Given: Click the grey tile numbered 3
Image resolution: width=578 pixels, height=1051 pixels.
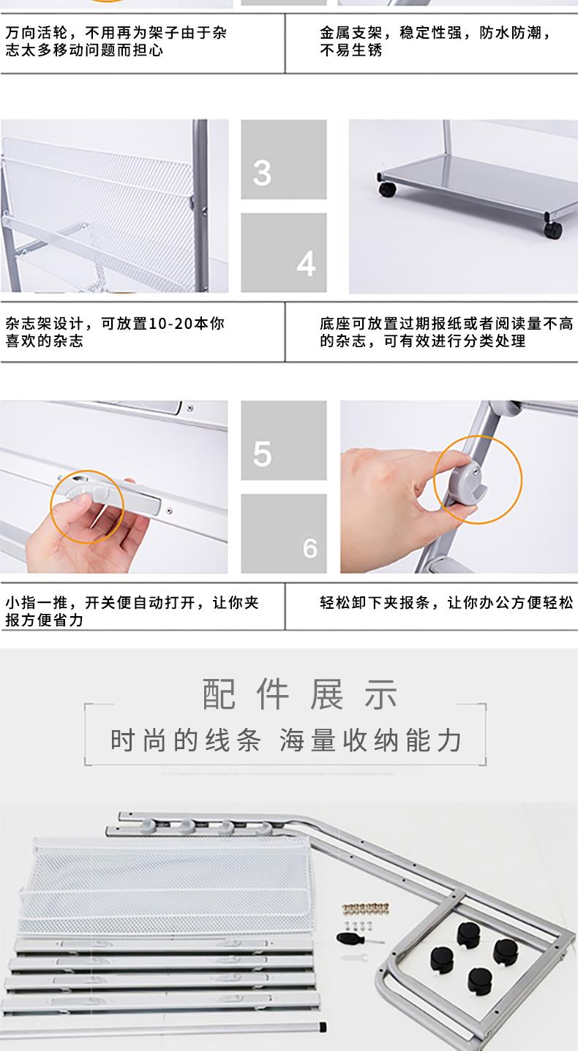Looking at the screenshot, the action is (284, 159).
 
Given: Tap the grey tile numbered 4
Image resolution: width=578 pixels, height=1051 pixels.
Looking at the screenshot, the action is (284, 252).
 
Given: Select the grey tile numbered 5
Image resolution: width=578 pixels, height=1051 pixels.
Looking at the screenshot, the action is (284, 440).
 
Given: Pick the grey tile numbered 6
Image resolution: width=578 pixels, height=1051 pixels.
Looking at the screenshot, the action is (284, 534).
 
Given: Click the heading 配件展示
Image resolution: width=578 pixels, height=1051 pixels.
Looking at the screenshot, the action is (299, 694).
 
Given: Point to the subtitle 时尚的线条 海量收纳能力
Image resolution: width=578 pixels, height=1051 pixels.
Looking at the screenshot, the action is (286, 740).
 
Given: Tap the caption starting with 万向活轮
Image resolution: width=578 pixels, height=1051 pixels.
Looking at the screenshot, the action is (116, 41).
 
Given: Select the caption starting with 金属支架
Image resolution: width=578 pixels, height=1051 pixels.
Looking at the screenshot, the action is (435, 41).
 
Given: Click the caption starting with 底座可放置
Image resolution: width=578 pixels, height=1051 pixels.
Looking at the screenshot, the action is (446, 332).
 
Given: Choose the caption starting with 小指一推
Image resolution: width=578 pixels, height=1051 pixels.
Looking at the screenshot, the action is (132, 611).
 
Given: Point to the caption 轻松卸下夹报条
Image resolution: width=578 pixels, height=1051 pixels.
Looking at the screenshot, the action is (446, 602).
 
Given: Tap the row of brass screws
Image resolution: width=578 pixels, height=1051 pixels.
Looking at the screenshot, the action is (364, 908).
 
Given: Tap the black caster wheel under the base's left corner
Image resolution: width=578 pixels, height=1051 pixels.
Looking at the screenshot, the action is (387, 189).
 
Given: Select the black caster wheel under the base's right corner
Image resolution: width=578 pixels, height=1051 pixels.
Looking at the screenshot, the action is (552, 229).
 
